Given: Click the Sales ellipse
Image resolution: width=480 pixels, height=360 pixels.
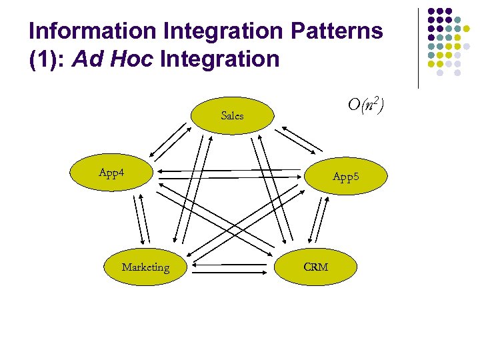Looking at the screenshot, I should (x=232, y=115).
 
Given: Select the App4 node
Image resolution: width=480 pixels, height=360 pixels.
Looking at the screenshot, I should (x=113, y=173).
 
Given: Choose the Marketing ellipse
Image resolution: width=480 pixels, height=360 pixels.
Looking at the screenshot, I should (x=145, y=267).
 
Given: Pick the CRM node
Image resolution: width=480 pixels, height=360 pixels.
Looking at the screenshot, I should (x=315, y=267).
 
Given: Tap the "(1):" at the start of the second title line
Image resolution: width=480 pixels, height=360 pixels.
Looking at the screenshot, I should (x=47, y=59).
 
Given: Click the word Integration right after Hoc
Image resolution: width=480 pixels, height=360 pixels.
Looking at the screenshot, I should (x=219, y=59).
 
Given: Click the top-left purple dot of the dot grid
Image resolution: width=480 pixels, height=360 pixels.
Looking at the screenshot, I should (x=431, y=12).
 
